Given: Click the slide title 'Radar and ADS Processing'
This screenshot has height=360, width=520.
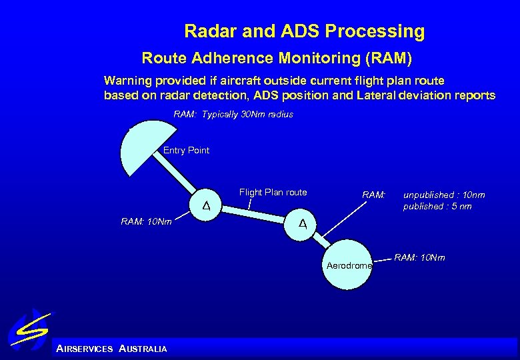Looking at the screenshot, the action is coord(304,31).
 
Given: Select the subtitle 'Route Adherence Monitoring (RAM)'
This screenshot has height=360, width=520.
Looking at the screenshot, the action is coord(277,59).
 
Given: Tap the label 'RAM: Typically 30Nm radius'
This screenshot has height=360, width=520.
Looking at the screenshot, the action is coord(233,115).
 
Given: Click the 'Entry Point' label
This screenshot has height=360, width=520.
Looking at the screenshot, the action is coord(186,151).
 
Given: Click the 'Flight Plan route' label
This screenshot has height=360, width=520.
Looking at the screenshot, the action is coord(273,193).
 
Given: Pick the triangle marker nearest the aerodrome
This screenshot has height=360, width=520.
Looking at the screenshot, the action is coord(302,223).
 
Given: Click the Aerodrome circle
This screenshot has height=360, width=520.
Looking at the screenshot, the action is coord(349,265).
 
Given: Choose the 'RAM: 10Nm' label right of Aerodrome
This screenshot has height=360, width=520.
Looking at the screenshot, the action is coord(419,258).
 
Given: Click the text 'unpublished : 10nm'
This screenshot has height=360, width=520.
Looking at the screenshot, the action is coord(444,195).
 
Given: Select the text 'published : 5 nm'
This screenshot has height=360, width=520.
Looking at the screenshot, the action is coord(437,207).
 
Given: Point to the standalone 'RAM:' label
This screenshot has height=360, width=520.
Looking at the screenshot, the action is coord(373,195).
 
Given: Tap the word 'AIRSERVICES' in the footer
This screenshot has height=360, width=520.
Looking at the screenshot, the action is coord(85,349).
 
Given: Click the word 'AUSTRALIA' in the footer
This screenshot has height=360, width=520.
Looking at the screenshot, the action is coord(143,349).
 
